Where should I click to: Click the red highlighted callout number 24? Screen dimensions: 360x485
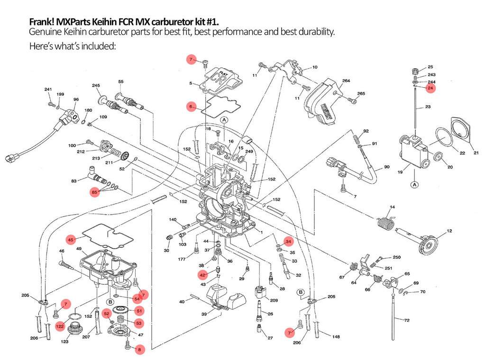coord(430,88)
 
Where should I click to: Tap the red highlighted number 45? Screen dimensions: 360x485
coord(71,240)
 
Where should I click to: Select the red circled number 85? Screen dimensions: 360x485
coord(95,192)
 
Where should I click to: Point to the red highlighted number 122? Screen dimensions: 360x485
coord(60,326)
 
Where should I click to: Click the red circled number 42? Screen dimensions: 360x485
coord(202,275)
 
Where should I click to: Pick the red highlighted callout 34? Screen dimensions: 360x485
coord(288,242)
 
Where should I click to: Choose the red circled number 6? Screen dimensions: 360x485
coord(191,107)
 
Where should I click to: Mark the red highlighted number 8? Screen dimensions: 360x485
coord(139,350)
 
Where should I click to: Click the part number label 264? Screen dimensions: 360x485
coord(347,81)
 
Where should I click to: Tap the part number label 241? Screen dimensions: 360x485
coord(48,90)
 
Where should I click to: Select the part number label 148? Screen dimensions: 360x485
coord(336,337)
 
